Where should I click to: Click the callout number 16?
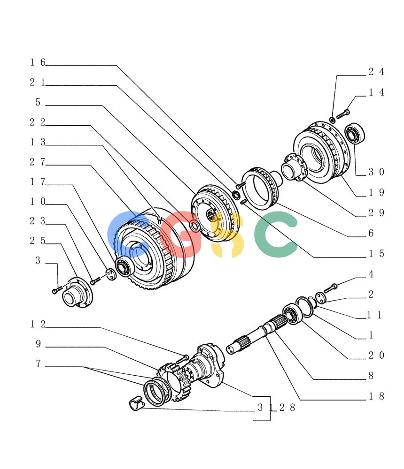[x=38, y=62]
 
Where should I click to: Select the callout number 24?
[x=376, y=72]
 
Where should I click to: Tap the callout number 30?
[x=376, y=172]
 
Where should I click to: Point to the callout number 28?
[x=287, y=408]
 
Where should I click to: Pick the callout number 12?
[x=38, y=324]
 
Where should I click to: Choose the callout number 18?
[x=376, y=396]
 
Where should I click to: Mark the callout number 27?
[x=38, y=162]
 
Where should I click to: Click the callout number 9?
[x=39, y=344]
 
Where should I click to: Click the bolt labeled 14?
[x=343, y=114]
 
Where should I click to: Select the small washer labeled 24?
[x=332, y=120]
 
